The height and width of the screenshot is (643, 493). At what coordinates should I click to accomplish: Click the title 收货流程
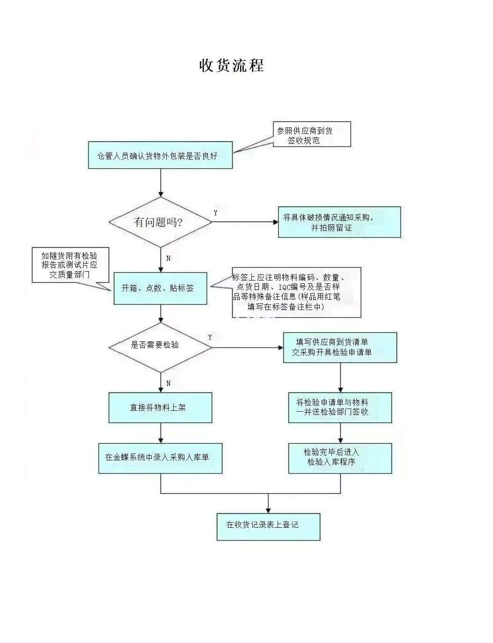pyautogui.click(x=231, y=65)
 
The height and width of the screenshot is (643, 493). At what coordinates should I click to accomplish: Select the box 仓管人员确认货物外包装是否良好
pyautogui.click(x=160, y=155)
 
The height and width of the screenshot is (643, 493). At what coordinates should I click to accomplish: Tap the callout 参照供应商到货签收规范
pyautogui.click(x=311, y=135)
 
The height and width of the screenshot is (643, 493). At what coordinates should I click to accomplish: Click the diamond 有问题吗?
pyautogui.click(x=160, y=222)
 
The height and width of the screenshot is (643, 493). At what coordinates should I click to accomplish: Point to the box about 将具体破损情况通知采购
pyautogui.click(x=339, y=222)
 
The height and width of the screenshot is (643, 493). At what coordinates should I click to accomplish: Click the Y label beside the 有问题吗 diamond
pyautogui.click(x=215, y=213)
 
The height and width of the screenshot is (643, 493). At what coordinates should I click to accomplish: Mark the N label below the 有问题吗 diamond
pyautogui.click(x=168, y=259)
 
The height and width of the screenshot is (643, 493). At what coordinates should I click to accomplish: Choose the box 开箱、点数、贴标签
pyautogui.click(x=160, y=288)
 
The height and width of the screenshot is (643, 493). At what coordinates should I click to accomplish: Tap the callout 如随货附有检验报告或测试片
pyautogui.click(x=70, y=265)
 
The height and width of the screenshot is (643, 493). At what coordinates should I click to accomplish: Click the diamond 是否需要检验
pyautogui.click(x=160, y=346)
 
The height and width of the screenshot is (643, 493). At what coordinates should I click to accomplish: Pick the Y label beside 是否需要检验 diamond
pyautogui.click(x=210, y=338)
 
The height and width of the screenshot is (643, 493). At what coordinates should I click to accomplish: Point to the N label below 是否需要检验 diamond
pyautogui.click(x=168, y=384)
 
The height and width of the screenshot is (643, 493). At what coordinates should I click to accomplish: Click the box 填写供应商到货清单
pyautogui.click(x=340, y=347)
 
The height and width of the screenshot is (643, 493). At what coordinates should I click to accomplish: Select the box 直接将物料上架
pyautogui.click(x=160, y=408)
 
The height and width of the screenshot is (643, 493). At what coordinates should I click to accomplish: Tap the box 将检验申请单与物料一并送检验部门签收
pyautogui.click(x=340, y=407)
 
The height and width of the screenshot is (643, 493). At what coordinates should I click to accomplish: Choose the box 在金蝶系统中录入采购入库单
pyautogui.click(x=160, y=458)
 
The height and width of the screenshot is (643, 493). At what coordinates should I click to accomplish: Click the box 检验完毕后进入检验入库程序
pyautogui.click(x=340, y=458)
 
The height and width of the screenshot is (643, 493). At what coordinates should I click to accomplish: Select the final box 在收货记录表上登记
pyautogui.click(x=268, y=526)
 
